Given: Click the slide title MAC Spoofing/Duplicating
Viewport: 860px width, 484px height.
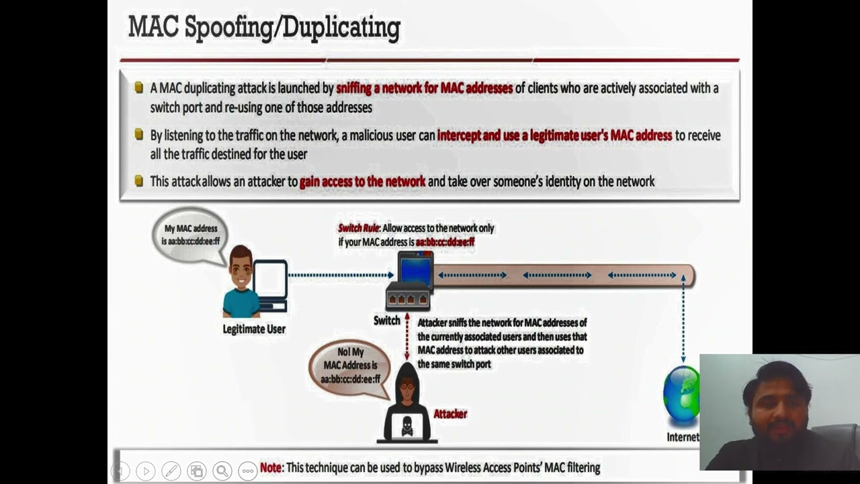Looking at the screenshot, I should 264,28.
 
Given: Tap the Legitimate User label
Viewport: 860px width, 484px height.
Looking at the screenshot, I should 254,329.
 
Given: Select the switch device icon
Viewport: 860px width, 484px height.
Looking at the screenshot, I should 410,280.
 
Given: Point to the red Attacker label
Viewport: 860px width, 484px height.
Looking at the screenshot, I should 450,413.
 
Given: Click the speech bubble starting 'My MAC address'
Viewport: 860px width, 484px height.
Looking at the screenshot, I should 190,235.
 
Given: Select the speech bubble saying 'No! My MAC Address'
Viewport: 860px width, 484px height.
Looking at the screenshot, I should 350,365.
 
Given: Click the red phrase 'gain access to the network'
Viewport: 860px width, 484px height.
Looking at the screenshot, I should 362,182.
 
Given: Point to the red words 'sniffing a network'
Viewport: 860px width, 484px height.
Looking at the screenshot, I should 378,88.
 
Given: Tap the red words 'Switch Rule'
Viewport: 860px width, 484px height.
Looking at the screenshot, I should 358,229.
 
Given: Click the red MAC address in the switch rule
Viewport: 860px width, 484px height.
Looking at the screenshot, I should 445,242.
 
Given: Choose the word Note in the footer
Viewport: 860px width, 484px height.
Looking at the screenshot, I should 271,467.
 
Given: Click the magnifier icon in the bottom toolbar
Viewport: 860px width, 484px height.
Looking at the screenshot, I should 222,471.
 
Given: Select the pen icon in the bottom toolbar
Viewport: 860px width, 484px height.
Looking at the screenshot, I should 171,471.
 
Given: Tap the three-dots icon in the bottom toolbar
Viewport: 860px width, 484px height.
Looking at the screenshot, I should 248,471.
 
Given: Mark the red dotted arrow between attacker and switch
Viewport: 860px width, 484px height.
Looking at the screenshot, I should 406,336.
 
